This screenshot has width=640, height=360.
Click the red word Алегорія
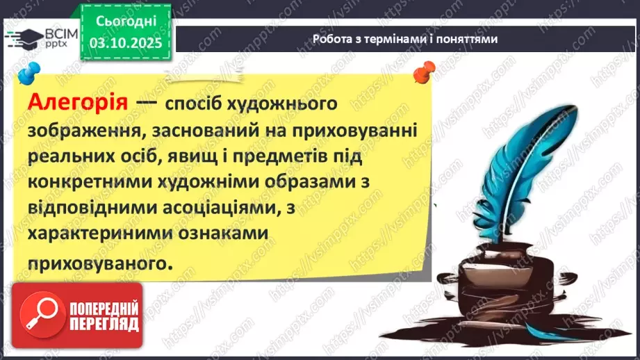pyautogui.click(x=79, y=103)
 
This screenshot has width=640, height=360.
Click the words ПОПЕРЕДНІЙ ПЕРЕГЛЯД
pyautogui.click(x=105, y=316)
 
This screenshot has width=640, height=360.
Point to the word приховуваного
pyautogui.click(x=97, y=263)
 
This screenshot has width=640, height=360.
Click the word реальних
pyautogui.click(x=75, y=157)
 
